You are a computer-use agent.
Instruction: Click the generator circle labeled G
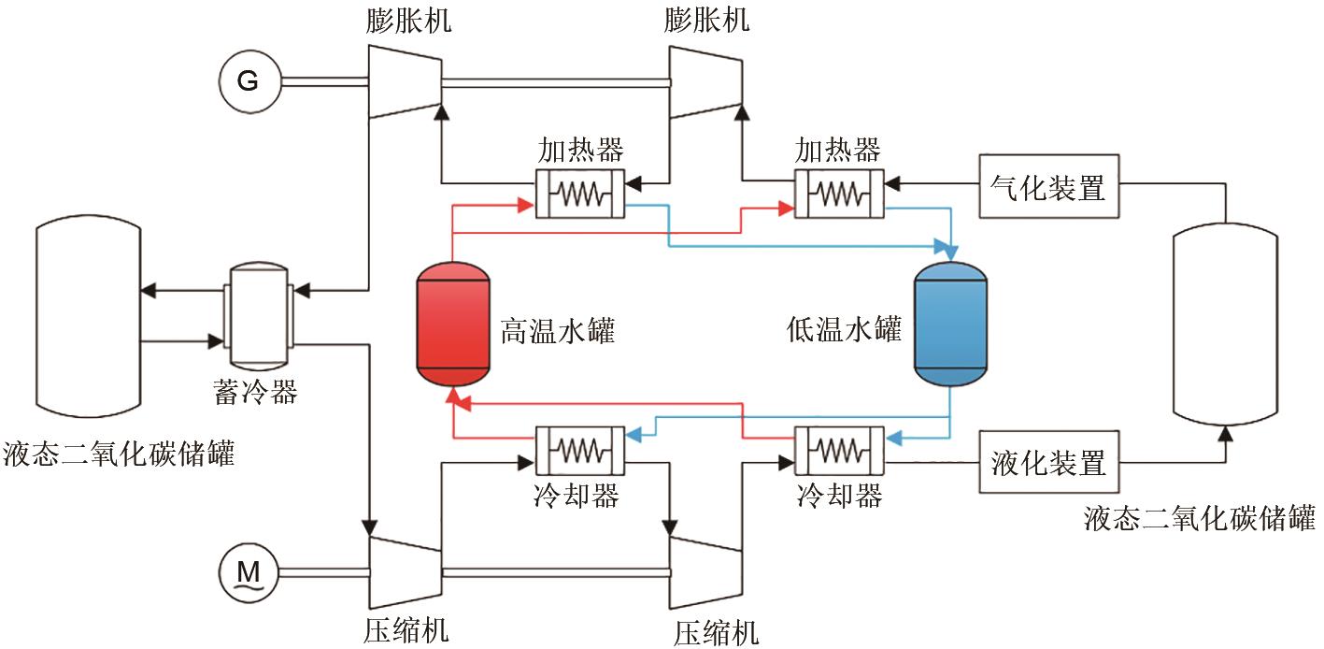coord(248,80)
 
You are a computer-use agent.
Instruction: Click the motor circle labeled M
coord(248,570)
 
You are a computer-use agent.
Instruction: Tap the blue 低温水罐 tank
coord(950,324)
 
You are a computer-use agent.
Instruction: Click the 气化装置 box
coord(1047,187)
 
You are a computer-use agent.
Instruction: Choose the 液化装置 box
coord(1047,462)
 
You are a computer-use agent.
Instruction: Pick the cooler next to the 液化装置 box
coord(838,451)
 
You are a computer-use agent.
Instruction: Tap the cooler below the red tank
coord(579,451)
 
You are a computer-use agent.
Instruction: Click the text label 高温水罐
coord(558,331)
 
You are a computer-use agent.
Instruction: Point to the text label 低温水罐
coord(844,330)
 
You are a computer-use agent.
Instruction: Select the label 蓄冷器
coord(256,392)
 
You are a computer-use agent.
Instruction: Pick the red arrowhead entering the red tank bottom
coord(453,400)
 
